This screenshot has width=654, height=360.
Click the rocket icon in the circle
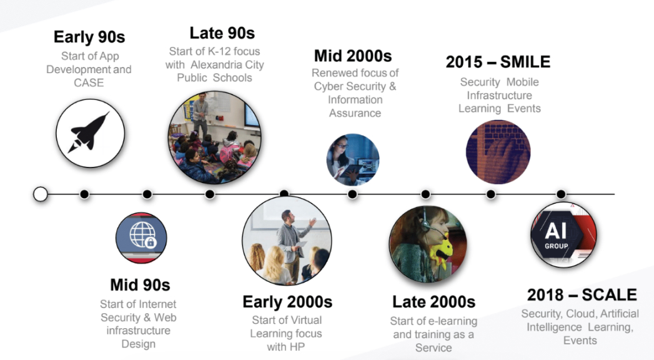[x=89, y=132]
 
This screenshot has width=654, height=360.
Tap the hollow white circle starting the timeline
[x=41, y=194]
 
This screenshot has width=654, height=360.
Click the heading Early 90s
[x=89, y=37]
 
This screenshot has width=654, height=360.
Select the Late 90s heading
[x=222, y=33]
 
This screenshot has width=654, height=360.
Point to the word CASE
[x=89, y=82]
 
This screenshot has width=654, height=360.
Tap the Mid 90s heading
[x=140, y=285]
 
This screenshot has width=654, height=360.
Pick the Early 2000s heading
[x=287, y=302]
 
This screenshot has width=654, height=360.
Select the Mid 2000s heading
[x=353, y=56]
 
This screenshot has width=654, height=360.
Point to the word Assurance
[x=355, y=113]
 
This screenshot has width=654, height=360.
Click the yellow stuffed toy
[x=441, y=249]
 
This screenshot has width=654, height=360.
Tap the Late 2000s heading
[x=434, y=302]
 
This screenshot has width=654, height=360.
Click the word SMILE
[x=525, y=62]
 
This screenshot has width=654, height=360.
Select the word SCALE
[x=609, y=294]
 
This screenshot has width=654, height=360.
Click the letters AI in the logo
[x=555, y=231]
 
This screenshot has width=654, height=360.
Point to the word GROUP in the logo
[x=556, y=246]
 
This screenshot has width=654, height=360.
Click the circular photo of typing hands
[x=498, y=152]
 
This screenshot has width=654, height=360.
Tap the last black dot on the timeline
[x=561, y=194]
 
